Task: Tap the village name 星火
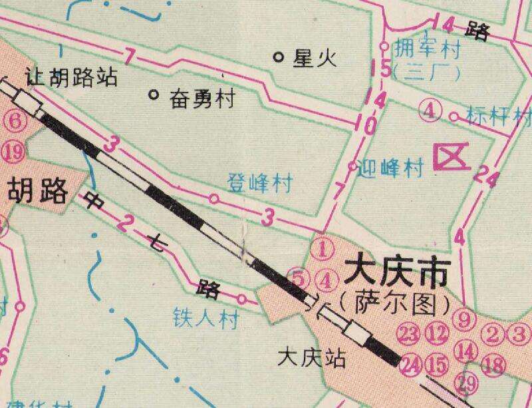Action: coord(315,59)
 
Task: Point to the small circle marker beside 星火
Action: coord(279,57)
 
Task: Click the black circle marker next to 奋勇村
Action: coord(154,95)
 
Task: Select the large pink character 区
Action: coord(449,159)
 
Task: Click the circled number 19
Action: coord(13,152)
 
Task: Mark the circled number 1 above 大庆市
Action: coord(322,250)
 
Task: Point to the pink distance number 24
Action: coord(485,177)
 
